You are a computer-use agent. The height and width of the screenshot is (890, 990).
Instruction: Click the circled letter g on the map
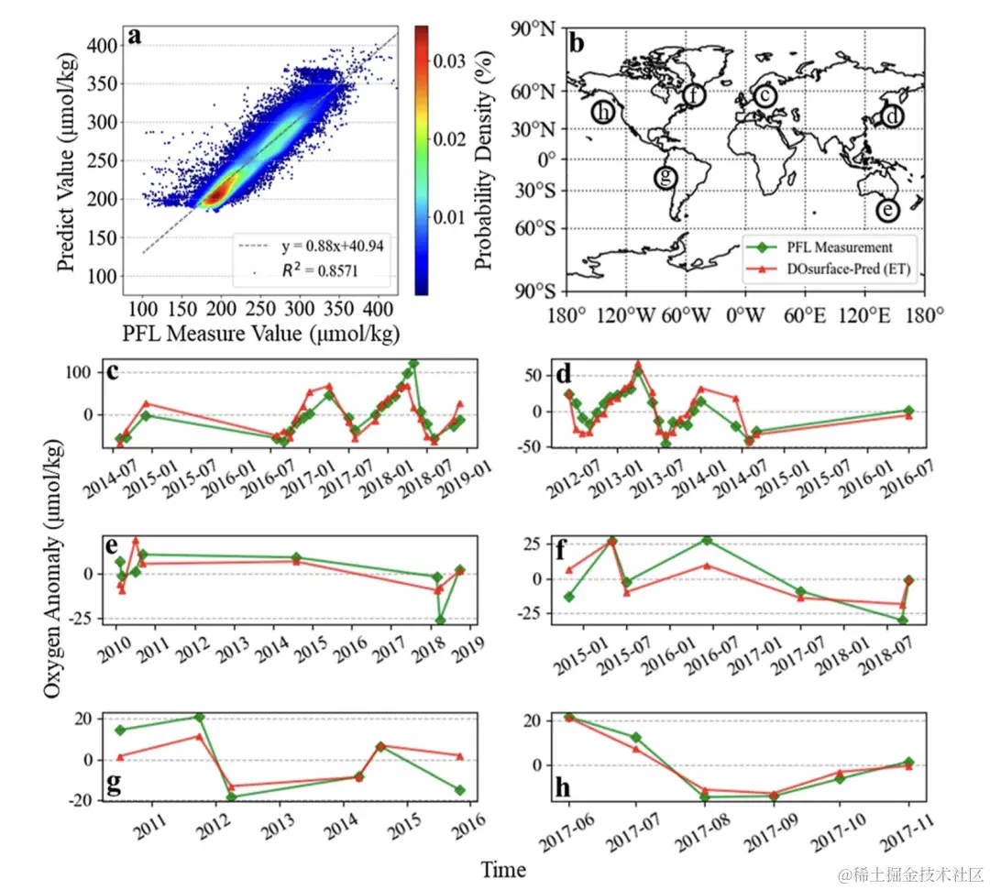coord(667,176)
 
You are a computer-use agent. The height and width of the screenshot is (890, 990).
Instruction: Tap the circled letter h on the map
coord(602,113)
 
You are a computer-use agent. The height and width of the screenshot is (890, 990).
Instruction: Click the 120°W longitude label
coord(625,316)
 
